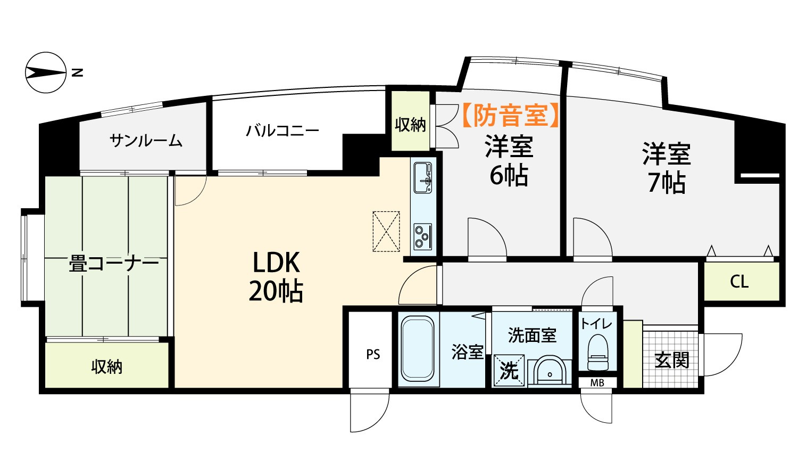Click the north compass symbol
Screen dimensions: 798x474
pyautogui.click(x=46, y=73)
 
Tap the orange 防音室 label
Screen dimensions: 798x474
pyautogui.click(x=510, y=115)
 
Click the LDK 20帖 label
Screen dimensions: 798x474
pyautogui.click(x=276, y=277)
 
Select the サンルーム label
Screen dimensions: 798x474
pyautogui.click(x=146, y=141)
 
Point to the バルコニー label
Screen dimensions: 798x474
pyautogui.click(x=282, y=130)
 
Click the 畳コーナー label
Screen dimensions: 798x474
pyautogui.click(x=114, y=264)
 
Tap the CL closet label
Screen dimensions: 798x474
pyautogui.click(x=739, y=282)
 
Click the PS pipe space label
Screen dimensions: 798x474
pyautogui.click(x=373, y=355)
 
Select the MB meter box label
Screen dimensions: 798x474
pyautogui.click(x=597, y=383)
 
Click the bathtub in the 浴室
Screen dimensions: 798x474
pyautogui.click(x=418, y=348)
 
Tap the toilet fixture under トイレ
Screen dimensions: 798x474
pyautogui.click(x=598, y=353)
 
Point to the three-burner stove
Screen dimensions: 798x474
pyautogui.click(x=423, y=236)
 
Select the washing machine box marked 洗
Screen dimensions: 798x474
pyautogui.click(x=509, y=370)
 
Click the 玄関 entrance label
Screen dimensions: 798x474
pyautogui.click(x=672, y=359)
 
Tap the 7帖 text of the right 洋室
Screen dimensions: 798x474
pyautogui.click(x=667, y=183)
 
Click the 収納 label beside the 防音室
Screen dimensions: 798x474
pyautogui.click(x=410, y=125)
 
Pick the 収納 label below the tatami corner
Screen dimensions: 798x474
pyautogui.click(x=107, y=366)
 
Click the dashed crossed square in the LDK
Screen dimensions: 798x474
pyautogui.click(x=386, y=232)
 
